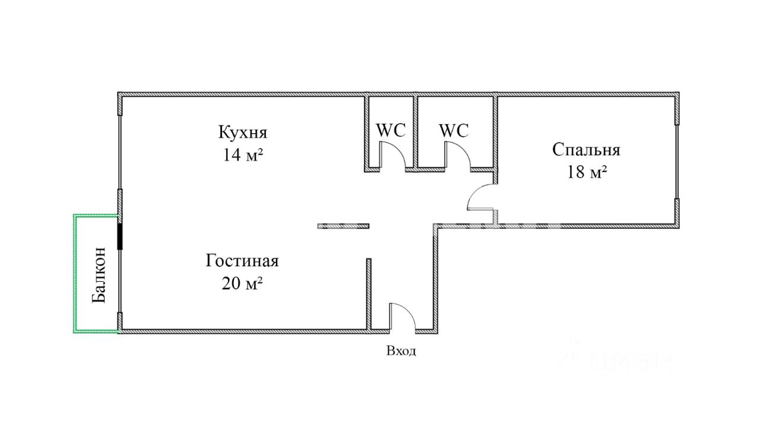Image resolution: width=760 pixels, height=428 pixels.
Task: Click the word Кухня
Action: coord(243,131)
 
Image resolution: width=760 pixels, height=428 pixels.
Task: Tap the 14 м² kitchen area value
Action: coord(243,155)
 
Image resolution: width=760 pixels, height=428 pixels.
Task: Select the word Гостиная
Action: coord(242,260)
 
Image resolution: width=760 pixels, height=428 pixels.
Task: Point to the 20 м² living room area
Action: coord(242,284)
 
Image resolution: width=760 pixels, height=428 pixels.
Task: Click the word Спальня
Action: coord(586,149)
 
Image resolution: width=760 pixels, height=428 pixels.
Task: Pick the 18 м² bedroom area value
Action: coord(587,172)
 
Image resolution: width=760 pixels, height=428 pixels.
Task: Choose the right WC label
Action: coord(454,130)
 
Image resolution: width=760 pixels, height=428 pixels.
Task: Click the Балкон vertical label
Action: coord(99,275)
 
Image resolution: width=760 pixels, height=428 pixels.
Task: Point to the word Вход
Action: coord(401,351)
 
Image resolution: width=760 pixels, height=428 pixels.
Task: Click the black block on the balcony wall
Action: coord(120,236)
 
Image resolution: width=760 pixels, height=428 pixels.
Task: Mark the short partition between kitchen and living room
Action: coord(343,226)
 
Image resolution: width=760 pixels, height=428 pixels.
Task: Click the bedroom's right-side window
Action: coord(677,160)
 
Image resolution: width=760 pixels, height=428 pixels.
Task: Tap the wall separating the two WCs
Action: coord(416,131)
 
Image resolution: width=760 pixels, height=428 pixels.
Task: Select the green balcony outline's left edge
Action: coord(75,273)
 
